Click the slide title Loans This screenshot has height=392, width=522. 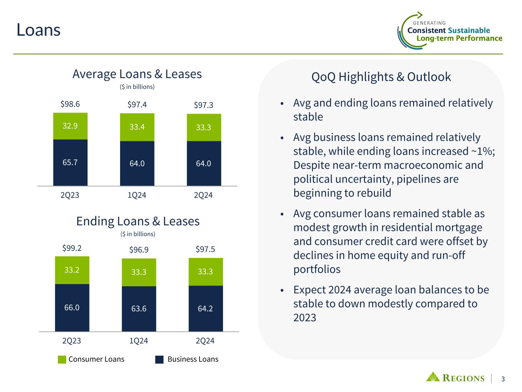point(38,30)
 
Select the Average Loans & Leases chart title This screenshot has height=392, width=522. point(137,74)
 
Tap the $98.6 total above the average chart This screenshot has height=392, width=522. point(70,104)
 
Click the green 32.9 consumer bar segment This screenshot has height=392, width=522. point(70,126)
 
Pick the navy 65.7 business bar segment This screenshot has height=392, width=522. point(70,162)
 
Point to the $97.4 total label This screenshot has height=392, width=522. point(137,105)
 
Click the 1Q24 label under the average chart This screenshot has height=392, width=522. point(137,195)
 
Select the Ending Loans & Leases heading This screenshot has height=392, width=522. point(138,221)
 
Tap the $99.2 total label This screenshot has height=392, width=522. point(72,248)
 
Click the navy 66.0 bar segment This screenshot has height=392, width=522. point(72,307)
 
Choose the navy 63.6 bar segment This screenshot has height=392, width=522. point(139,309)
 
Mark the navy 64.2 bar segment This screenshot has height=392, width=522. point(205,308)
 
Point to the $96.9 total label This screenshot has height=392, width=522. point(139,250)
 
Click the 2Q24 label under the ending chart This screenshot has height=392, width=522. point(205,341)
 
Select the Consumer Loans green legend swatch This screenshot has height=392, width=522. point(62,359)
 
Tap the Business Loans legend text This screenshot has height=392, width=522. point(193,359)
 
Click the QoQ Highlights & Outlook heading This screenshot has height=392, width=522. point(381,77)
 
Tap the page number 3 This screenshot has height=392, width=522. point(503,379)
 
